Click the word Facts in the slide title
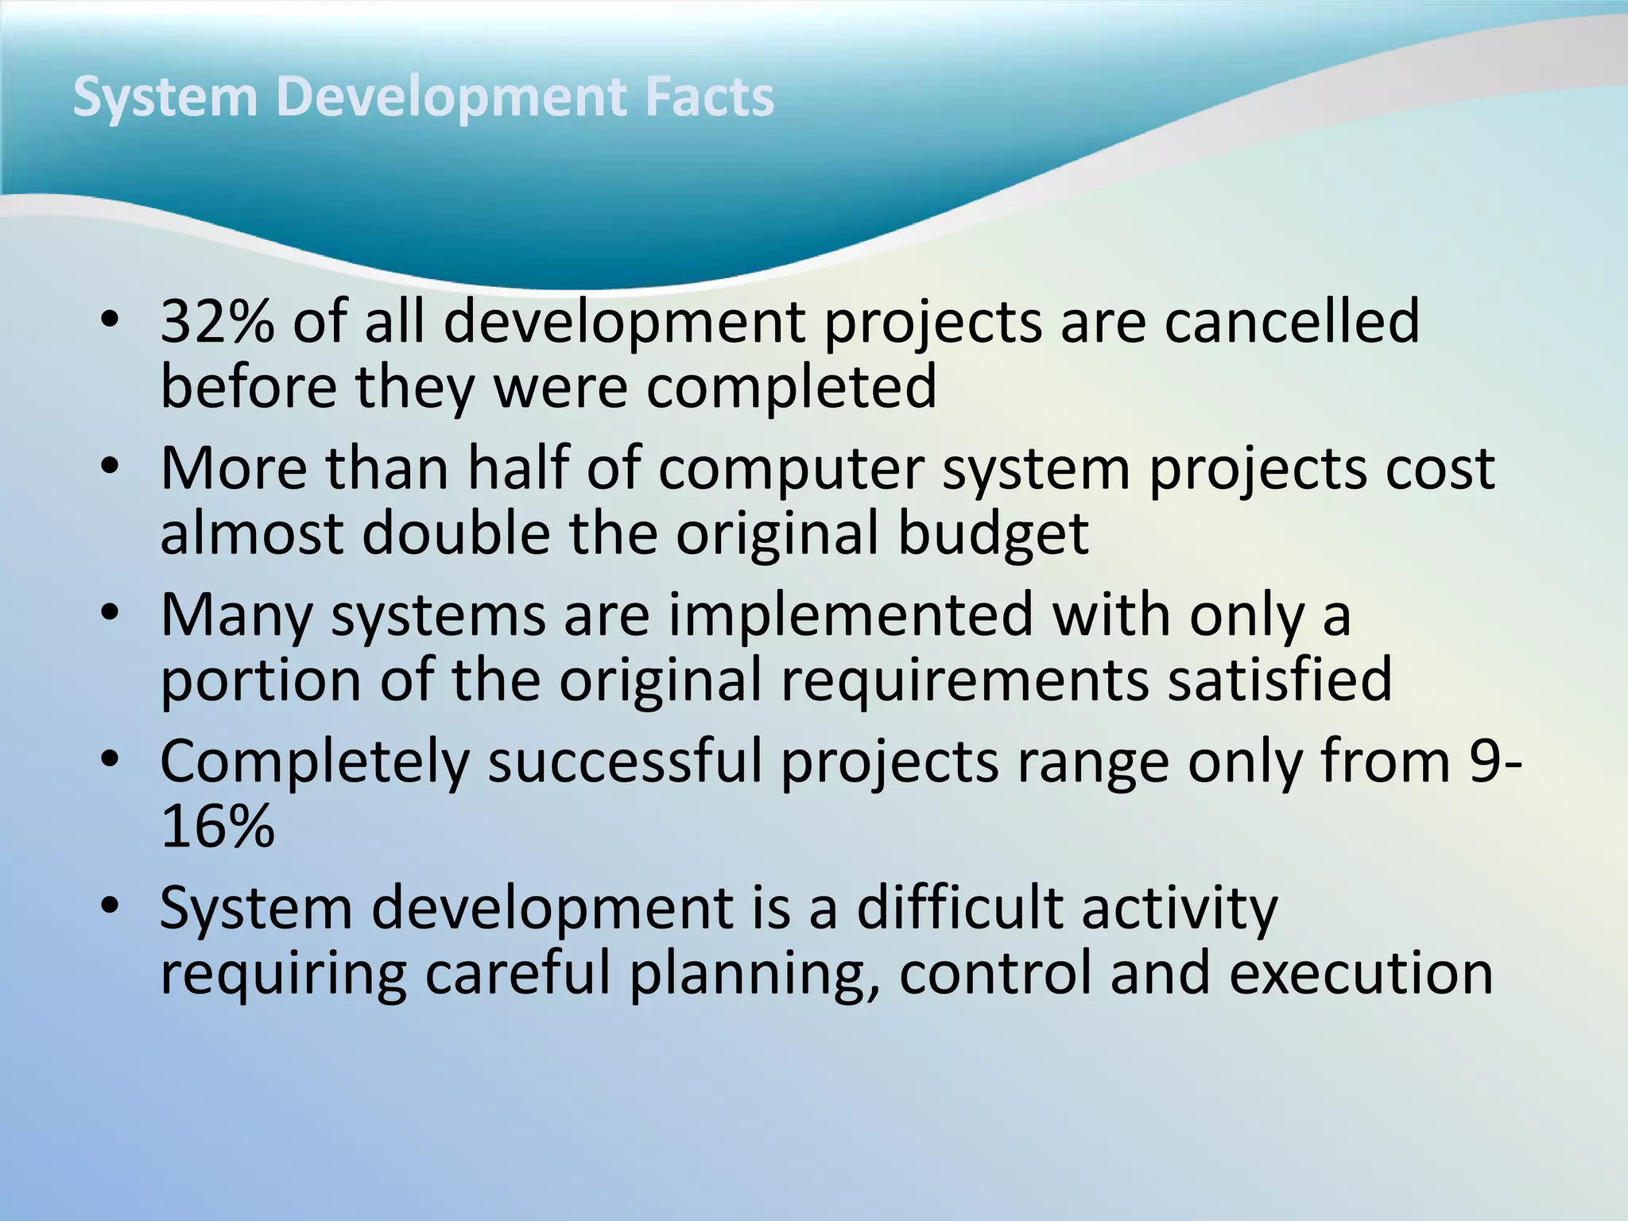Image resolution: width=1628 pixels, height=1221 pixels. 709,97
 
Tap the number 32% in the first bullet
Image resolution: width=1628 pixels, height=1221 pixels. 217,321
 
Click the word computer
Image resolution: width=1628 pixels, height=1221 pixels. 791,470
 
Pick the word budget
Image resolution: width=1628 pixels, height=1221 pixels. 993,534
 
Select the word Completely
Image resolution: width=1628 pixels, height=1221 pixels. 315,763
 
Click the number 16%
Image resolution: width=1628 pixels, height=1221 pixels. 217,827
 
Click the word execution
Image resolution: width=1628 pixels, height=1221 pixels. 1361,974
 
